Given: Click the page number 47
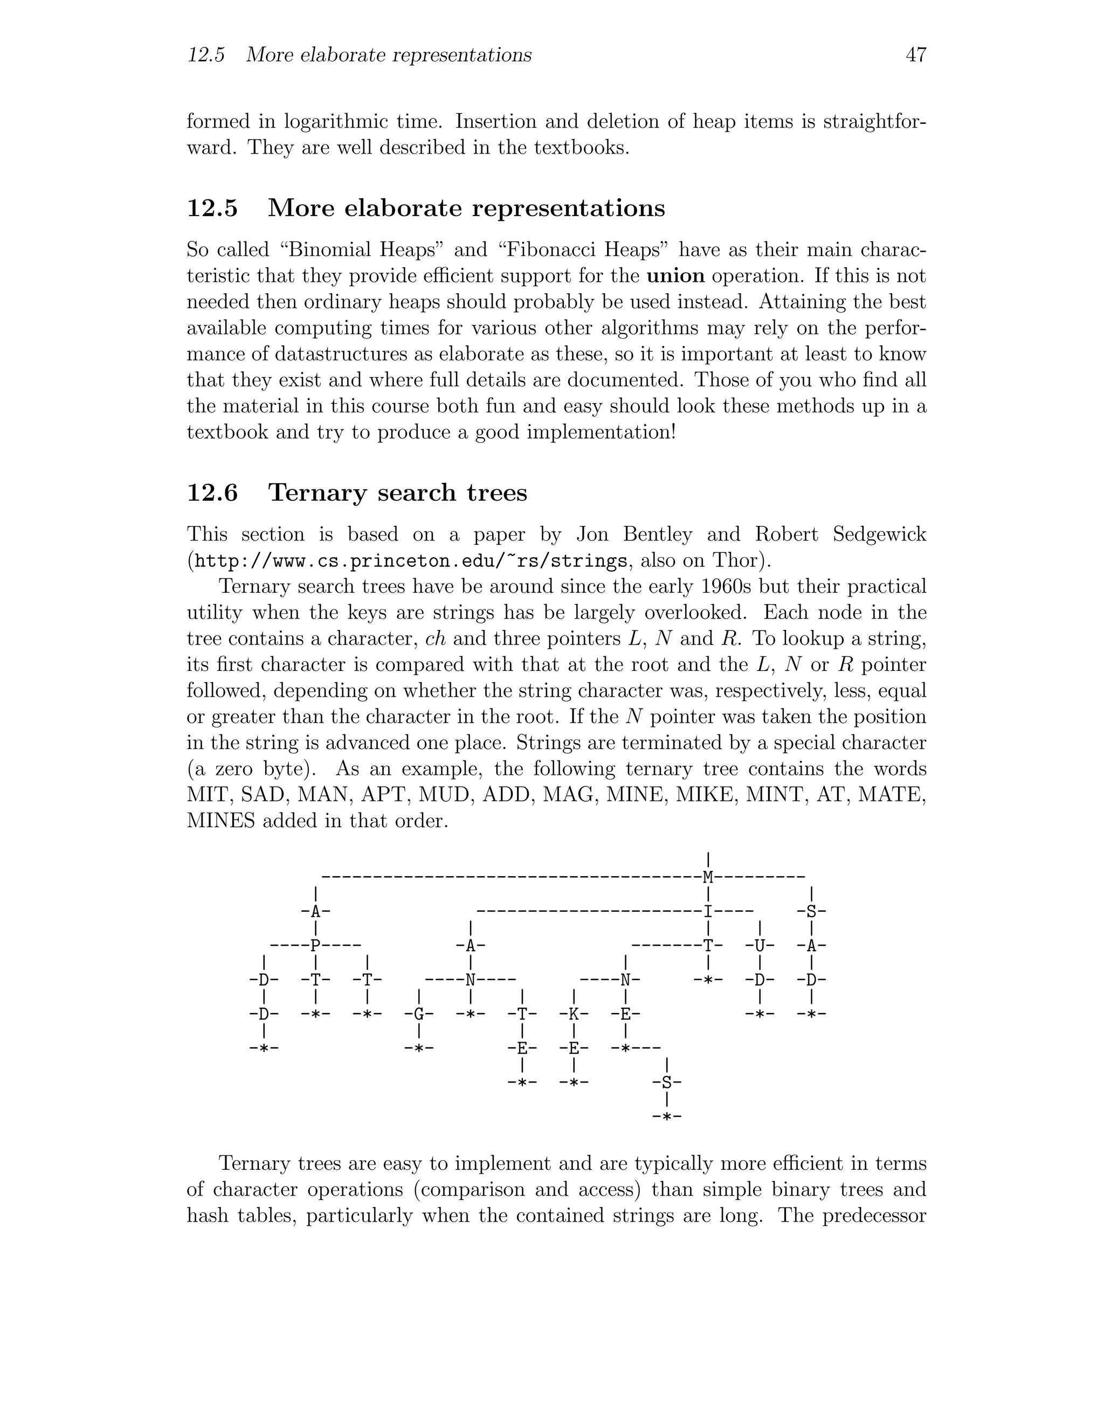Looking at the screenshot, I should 916,55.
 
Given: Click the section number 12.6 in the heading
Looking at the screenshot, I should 212,493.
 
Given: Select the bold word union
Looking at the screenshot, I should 675,276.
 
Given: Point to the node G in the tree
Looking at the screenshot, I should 419,1014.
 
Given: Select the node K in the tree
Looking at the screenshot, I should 574,1014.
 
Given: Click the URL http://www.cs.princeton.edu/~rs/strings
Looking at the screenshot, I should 411,561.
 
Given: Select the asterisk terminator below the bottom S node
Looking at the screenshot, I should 666,1117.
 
